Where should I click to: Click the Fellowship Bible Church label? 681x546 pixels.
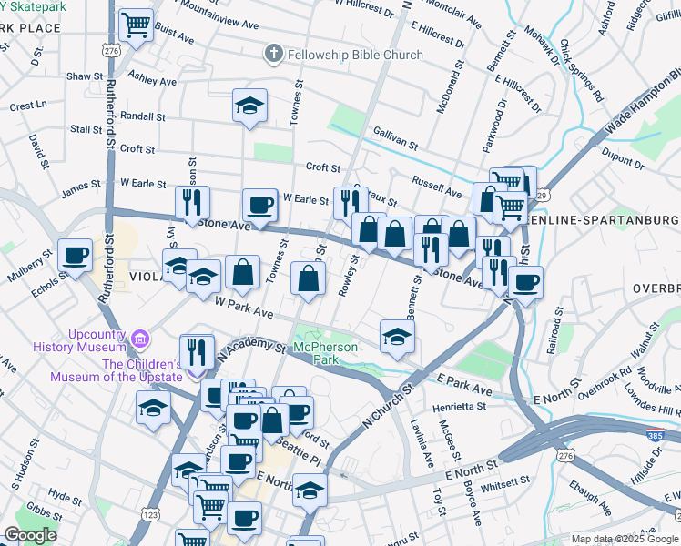coord(355,55)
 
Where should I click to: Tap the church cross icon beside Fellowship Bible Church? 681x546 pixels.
coord(272,55)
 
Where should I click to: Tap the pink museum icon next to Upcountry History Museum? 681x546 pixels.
coord(139,340)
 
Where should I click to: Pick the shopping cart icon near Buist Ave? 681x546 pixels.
coord(137,24)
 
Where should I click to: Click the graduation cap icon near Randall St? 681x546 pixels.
coord(249,106)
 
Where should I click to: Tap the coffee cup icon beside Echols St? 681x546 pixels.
coord(75,255)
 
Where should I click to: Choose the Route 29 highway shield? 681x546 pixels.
coord(541,195)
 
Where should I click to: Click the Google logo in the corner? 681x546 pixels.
coord(31,534)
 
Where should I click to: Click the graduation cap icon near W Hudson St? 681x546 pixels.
coord(154,409)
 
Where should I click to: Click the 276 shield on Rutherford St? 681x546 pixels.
coord(111,51)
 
